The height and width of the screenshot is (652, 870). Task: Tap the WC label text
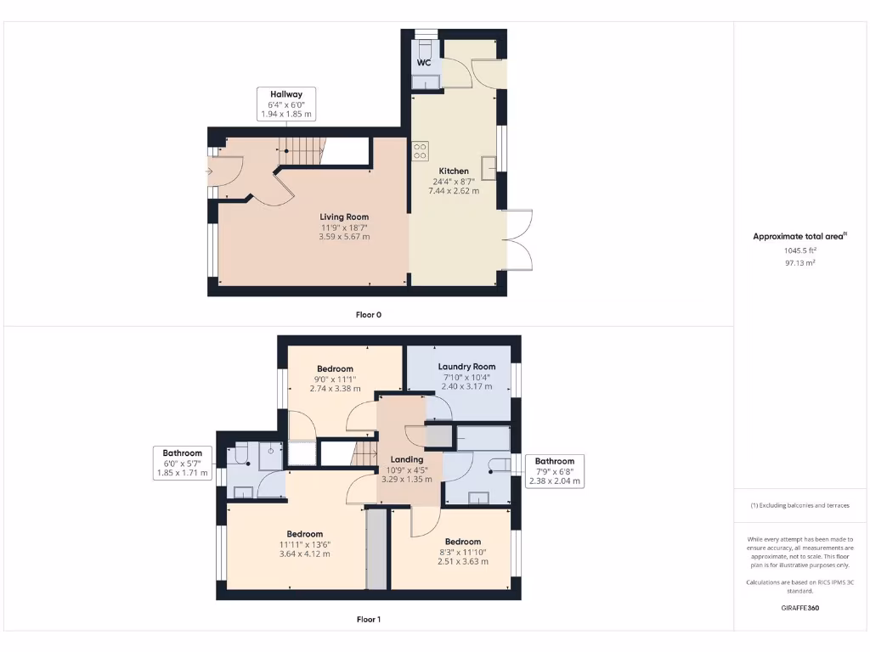click(x=424, y=63)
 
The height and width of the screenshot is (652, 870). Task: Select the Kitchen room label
click(x=454, y=171)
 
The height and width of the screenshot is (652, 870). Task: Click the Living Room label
click(x=344, y=217)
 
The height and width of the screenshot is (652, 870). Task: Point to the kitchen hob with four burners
click(x=420, y=151)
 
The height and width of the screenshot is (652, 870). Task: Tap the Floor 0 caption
click(x=368, y=315)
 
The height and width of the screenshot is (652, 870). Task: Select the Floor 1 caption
click(x=368, y=620)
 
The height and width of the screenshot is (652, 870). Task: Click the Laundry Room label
click(x=466, y=367)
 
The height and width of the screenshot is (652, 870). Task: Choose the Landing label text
click(x=407, y=459)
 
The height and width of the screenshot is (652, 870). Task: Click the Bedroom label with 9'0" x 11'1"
click(x=335, y=369)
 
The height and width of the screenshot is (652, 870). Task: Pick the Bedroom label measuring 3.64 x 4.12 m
click(x=304, y=534)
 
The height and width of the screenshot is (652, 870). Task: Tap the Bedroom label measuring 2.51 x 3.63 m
click(x=463, y=542)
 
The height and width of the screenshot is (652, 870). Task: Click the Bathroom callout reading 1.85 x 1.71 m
click(x=183, y=463)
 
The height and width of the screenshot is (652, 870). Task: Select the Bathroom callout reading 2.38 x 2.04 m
click(x=554, y=471)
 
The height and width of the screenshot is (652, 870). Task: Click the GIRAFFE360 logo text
click(x=799, y=608)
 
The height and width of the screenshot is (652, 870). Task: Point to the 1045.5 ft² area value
click(x=799, y=251)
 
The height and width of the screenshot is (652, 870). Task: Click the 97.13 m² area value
click(x=799, y=263)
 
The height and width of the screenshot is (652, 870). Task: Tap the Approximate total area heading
click(x=799, y=237)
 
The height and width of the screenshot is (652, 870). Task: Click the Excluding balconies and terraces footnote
click(x=799, y=505)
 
